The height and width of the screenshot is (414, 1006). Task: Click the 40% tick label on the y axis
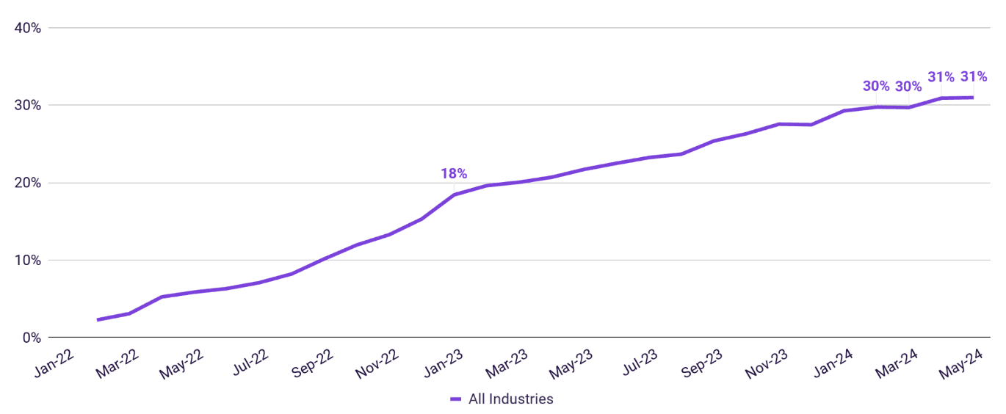tap(27, 29)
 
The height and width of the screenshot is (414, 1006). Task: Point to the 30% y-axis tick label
tap(27, 106)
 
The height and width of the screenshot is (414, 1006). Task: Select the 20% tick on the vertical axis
tap(27, 184)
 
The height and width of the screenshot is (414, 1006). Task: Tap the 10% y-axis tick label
tap(27, 261)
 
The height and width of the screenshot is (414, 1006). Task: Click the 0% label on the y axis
tap(32, 338)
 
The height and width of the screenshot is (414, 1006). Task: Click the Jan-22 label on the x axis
tap(54, 363)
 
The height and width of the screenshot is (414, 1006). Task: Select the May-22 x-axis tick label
tap(182, 364)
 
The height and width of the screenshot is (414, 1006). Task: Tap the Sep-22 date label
tap(313, 363)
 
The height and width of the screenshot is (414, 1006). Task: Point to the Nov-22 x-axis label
tap(377, 363)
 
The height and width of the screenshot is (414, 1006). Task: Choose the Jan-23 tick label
tap(444, 363)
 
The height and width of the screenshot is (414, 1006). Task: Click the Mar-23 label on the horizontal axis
tap(507, 363)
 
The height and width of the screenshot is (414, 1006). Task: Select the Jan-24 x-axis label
tap(833, 363)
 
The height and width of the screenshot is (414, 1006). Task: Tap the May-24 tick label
tap(961, 364)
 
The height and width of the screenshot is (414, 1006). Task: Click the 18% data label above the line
tap(454, 173)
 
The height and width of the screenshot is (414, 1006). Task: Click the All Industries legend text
tap(511, 399)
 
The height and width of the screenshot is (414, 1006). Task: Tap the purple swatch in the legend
tap(456, 399)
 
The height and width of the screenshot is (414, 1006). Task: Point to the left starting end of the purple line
tap(98, 320)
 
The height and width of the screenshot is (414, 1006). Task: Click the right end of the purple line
tap(973, 98)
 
